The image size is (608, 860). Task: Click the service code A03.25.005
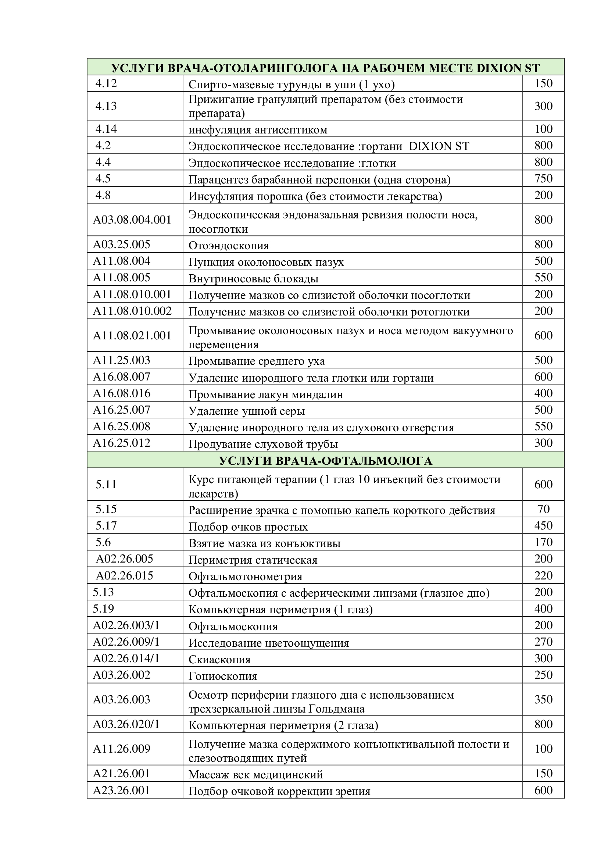[x=121, y=245]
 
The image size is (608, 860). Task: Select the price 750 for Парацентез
[x=543, y=179]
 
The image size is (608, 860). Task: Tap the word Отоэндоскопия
[x=228, y=246]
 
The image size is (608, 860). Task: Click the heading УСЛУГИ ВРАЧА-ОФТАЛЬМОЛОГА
[x=325, y=461]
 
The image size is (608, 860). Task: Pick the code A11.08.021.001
[x=132, y=336]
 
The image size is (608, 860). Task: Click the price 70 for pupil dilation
[x=543, y=509]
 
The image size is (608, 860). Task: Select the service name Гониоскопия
[x=223, y=676]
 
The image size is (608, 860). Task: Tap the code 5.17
[x=106, y=525]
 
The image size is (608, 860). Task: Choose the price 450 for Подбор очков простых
[x=543, y=525]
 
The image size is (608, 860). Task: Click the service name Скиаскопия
[x=219, y=660]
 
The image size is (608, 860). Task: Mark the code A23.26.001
[x=121, y=791]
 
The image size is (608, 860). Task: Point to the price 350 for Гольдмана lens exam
[x=543, y=699]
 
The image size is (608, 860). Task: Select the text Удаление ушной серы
[x=246, y=411]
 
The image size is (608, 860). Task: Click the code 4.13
[x=106, y=106]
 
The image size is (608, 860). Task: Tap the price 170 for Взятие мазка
[x=543, y=542]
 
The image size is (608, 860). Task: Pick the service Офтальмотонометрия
[x=245, y=577]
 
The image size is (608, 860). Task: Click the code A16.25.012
[x=121, y=443]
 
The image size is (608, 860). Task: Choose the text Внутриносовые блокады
[x=254, y=279]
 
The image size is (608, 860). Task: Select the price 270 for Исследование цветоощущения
[x=543, y=642]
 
